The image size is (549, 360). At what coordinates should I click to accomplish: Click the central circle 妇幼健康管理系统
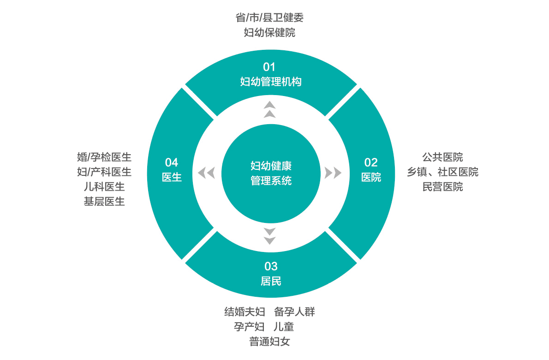coord(271,173)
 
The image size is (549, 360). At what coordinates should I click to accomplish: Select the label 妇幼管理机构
coord(271,82)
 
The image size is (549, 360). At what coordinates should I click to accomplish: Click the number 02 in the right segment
coord(371,162)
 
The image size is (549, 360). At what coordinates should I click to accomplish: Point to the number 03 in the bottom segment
coord(271,266)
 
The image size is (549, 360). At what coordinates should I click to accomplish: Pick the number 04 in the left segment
coord(172,162)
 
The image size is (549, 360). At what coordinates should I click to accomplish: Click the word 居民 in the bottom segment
coord(271,281)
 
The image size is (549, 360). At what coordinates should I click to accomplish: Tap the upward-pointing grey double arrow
coord(270,110)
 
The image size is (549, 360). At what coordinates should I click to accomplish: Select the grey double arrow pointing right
coord(333,173)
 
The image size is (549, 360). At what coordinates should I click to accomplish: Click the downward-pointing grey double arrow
coord(270,236)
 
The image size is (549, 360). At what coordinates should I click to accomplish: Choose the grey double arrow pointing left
coord(207,173)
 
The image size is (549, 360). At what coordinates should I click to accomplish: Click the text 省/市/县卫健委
coord(269,18)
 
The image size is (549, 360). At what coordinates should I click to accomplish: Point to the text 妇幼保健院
coord(269,33)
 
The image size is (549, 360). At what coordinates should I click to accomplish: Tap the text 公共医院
coord(442,157)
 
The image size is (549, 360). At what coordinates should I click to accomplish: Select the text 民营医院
coord(442,187)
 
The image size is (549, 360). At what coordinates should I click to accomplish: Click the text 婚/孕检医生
coord(104,157)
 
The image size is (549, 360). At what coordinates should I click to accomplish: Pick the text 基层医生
coord(104,202)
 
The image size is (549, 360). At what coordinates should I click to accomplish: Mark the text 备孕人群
coord(294,312)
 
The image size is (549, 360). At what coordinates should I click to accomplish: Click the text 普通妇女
coord(269,342)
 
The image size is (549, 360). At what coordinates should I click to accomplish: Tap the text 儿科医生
coord(104,187)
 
